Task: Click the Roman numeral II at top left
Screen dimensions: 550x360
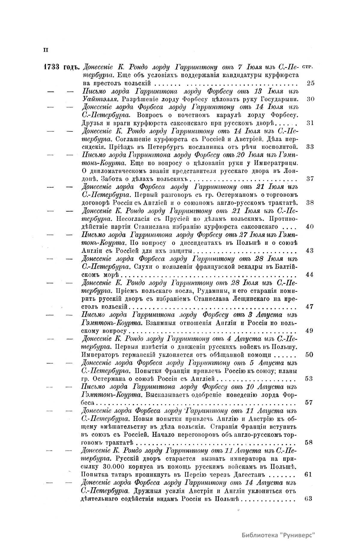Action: pyautogui.click(x=45, y=50)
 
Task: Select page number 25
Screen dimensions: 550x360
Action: pyautogui.click(x=311, y=83)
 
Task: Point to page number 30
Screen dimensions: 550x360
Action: pyautogui.click(x=310, y=99)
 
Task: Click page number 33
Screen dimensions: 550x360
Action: pyautogui.click(x=310, y=147)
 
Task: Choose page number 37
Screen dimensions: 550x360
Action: pyautogui.click(x=310, y=179)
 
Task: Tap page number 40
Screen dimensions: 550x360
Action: pyautogui.click(x=310, y=227)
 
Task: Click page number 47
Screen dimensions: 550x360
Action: pyautogui.click(x=310, y=307)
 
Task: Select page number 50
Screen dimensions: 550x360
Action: pyautogui.click(x=310, y=355)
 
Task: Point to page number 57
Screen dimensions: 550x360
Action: pyautogui.click(x=310, y=403)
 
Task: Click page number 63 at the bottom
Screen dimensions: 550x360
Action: pyautogui.click(x=308, y=499)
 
